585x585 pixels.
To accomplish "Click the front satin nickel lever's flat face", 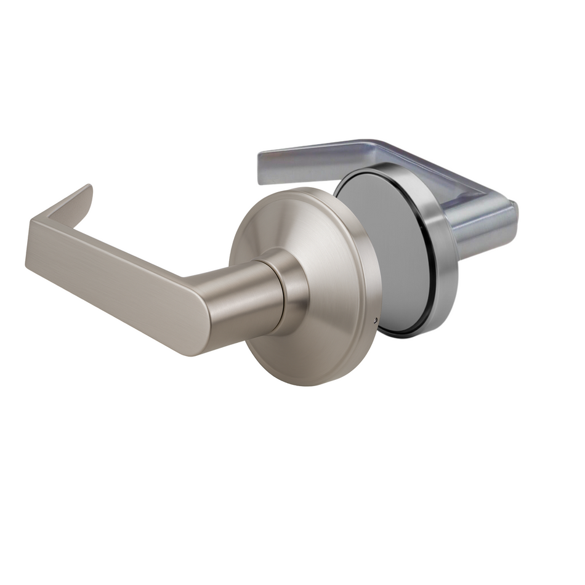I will point(111,277).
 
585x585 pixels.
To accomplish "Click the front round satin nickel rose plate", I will point(333,246).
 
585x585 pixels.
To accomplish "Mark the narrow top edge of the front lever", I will point(62,209).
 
